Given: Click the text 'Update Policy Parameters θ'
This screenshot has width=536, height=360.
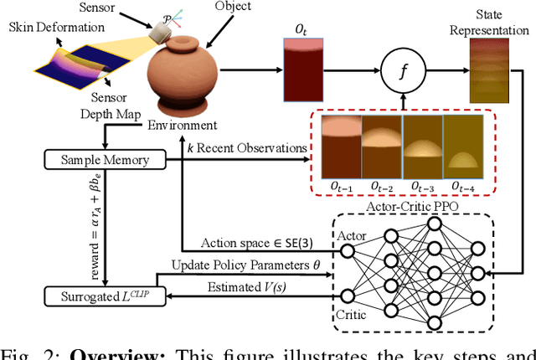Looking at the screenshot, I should pos(246,265).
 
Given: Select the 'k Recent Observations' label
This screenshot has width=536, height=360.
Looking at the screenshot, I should pos(252,148).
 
